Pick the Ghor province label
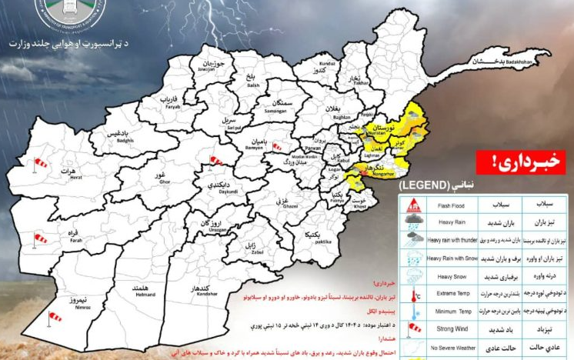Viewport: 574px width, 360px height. pyautogui.click(x=162, y=178)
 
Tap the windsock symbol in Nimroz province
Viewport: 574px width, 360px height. pyautogui.click(x=55, y=316)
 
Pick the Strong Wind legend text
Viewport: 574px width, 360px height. pyautogui.click(x=453, y=329)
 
